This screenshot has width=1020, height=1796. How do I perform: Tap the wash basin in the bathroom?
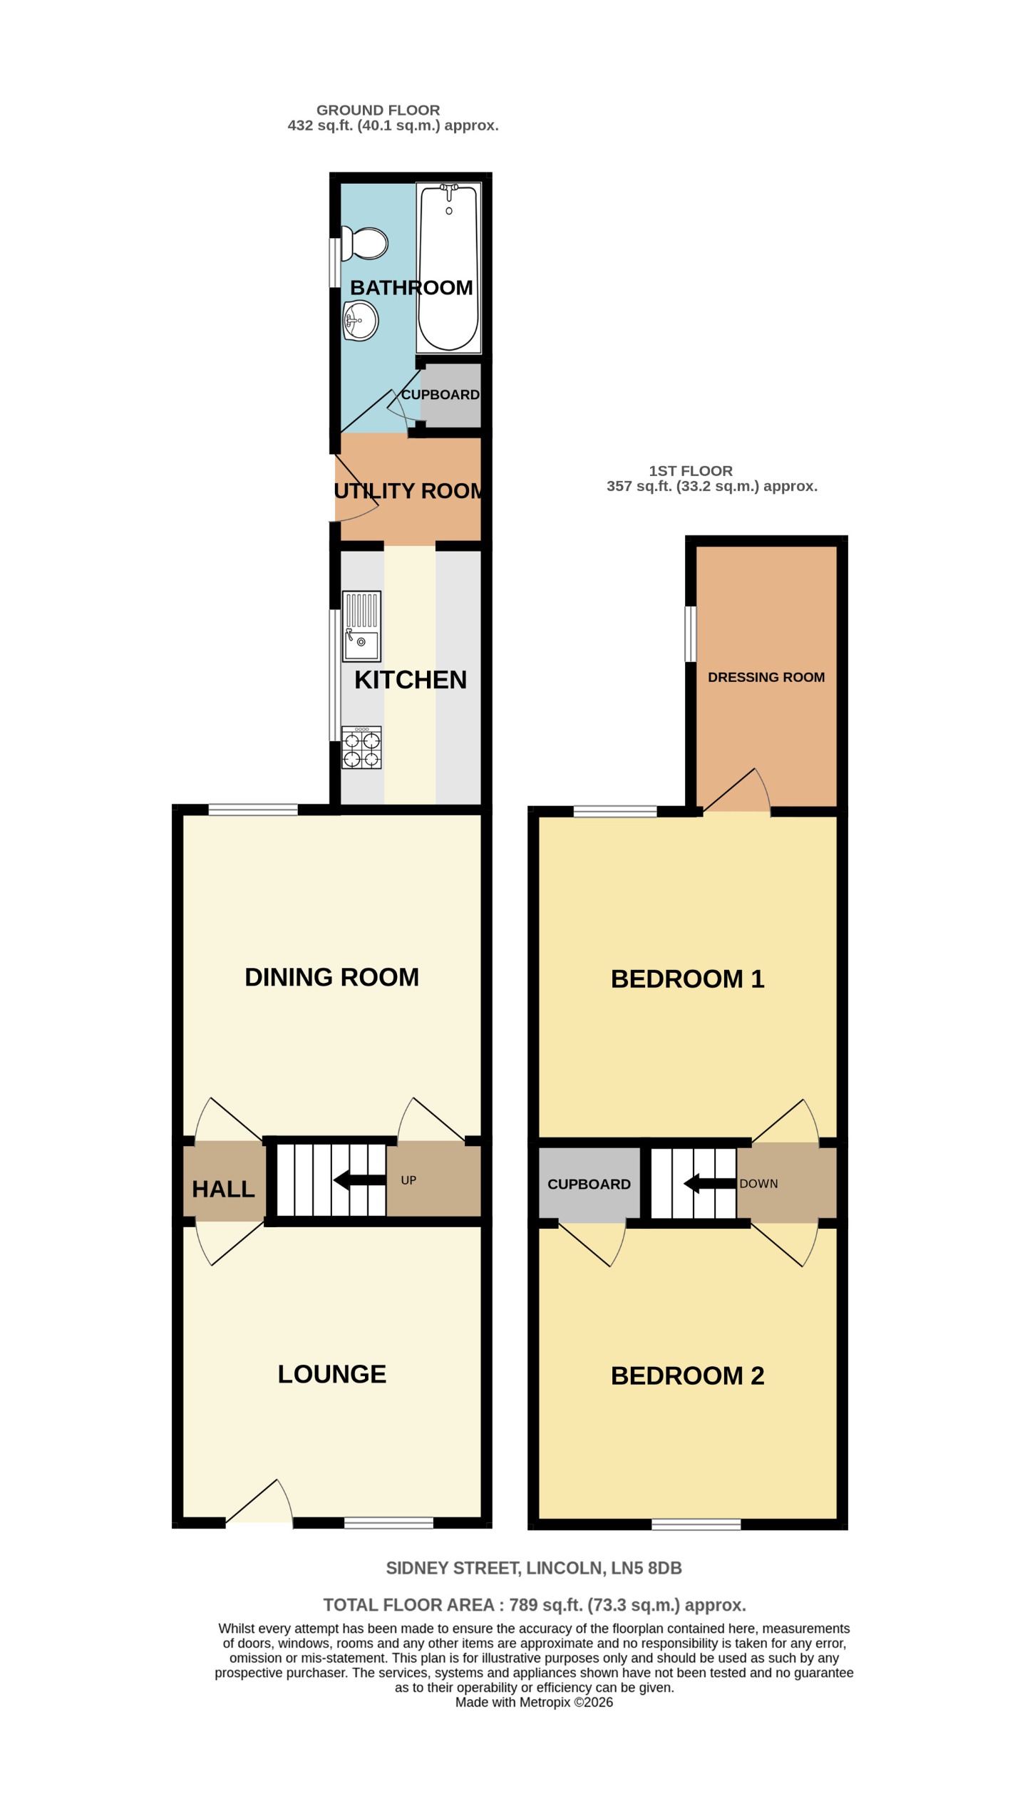coord(361,321)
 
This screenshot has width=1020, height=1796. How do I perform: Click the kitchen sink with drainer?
coord(361,626)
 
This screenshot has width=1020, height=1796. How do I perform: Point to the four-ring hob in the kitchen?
coord(361,747)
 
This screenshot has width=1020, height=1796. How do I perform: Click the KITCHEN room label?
coord(411,680)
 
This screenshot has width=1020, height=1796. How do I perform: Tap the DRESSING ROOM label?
coord(766,677)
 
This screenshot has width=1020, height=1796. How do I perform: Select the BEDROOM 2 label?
coord(687,1376)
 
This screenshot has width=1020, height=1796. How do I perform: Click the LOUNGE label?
coord(331,1374)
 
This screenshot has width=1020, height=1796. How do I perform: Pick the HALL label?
coord(223,1189)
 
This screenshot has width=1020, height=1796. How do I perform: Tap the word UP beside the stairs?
coord(408,1180)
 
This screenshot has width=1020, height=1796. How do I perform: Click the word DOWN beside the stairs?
coord(758,1184)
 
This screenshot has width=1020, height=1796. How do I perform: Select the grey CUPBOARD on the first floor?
coord(589,1184)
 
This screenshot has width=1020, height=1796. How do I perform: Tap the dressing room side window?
coord(690,634)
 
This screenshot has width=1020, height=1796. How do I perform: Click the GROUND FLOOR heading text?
coord(378,110)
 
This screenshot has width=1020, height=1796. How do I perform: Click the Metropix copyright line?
coord(534,1702)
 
